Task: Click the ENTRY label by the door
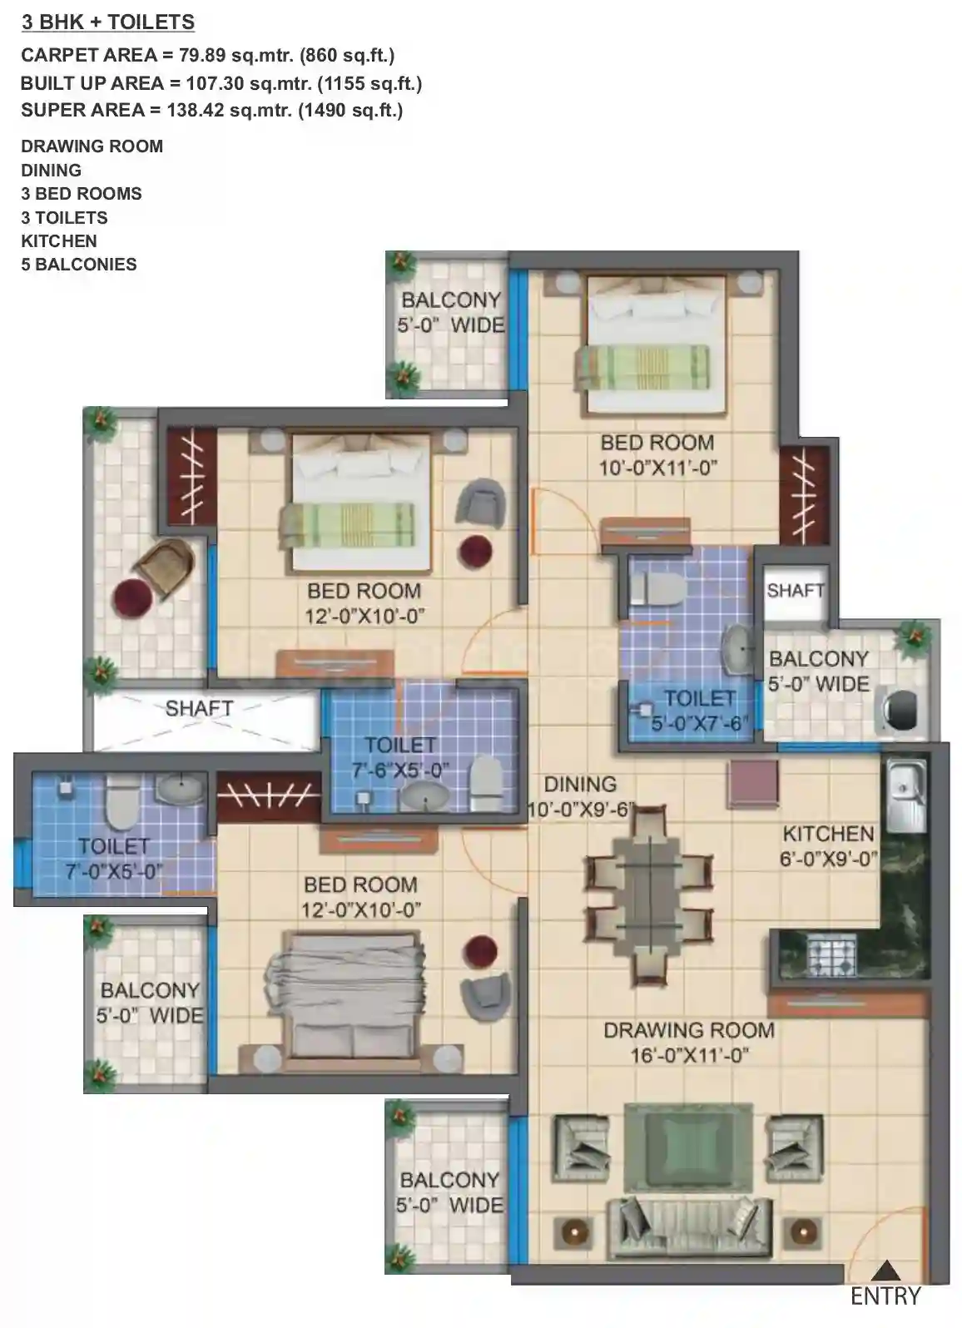point(885,1296)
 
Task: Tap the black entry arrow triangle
point(886,1271)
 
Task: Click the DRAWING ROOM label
point(688,1030)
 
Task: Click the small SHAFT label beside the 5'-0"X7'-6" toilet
point(795,591)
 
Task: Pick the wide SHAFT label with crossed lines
point(199,708)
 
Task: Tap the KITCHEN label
point(828,834)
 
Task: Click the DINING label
point(580,785)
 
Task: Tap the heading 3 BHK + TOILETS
point(108,22)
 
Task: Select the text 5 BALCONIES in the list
point(79,265)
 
